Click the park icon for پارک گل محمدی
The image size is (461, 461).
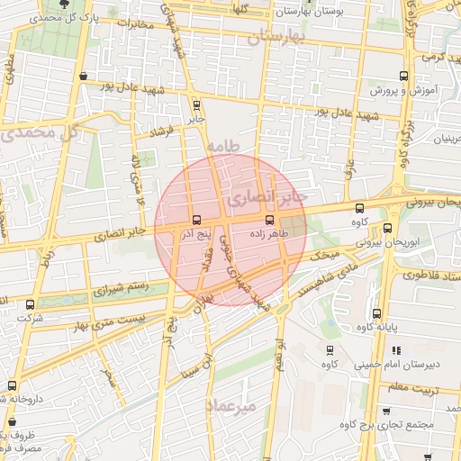pos(63,5)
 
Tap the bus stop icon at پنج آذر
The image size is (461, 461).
pos(196,220)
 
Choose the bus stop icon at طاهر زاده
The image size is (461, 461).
pos(269,220)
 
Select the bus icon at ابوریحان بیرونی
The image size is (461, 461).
pos(387,229)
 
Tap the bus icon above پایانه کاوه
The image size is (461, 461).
pos(376,313)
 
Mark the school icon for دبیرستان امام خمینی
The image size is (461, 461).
pos(396,350)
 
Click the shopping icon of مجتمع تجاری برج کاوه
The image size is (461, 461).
pos(387,411)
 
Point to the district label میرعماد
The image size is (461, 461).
pos(232,406)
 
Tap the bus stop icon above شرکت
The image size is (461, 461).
pos(32,304)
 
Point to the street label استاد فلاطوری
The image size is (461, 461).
pos(429,277)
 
